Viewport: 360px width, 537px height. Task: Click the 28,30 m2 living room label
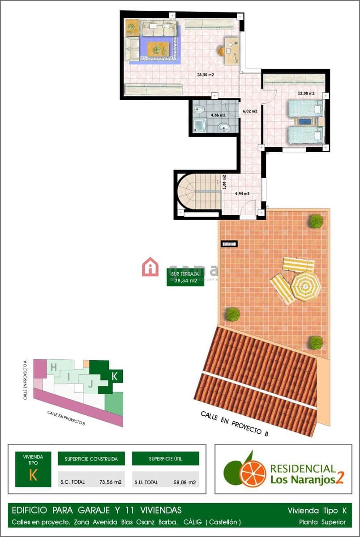206,75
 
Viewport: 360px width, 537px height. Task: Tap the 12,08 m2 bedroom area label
306,94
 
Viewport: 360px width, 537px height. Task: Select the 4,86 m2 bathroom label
218,115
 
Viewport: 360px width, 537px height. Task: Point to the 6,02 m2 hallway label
250,111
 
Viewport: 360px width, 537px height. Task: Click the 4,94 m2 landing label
242,194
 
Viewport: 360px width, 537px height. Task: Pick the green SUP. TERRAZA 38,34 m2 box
185,277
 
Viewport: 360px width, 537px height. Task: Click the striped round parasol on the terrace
305,286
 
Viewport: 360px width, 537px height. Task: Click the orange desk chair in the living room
222,51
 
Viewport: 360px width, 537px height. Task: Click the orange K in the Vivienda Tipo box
33,475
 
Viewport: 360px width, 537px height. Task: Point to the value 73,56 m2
110,482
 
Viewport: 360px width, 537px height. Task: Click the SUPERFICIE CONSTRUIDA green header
91,459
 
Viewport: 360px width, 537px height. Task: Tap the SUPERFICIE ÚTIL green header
165,459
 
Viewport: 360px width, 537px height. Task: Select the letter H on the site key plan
53,367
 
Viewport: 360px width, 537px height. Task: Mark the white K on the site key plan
114,376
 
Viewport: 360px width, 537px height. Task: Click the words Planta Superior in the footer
322,522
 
